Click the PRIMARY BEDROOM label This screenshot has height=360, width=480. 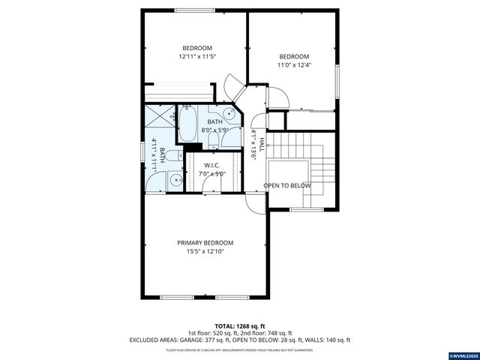[205, 242]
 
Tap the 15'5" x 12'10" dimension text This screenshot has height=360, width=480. [205, 251]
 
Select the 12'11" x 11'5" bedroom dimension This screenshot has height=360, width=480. [197, 56]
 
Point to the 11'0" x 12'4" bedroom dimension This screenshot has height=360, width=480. [293, 66]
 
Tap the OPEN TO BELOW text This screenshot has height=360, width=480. [287, 185]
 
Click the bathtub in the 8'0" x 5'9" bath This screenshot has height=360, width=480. [187, 123]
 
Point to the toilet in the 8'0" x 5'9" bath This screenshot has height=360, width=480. [213, 135]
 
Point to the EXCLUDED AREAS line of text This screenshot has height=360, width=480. [239, 340]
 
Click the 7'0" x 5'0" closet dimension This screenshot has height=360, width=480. [211, 174]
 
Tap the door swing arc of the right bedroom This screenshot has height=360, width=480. [275, 95]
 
